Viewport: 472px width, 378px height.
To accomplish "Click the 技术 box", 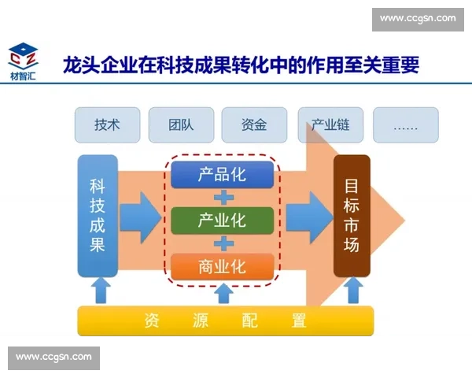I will coord(107,124).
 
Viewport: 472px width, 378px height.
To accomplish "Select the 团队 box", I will coord(180,124).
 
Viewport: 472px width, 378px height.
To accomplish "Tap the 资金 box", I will coord(254,124).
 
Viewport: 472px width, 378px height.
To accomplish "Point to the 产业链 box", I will coord(329,124).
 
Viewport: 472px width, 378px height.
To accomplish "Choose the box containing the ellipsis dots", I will coord(406,124).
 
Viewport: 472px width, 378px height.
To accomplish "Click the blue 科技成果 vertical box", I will coord(98,216).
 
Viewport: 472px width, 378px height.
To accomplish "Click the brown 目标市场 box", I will coord(351,216).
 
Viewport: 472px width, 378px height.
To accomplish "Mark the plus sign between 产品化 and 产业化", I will coord(223,197).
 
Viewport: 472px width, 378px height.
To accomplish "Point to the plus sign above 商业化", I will coord(223,243).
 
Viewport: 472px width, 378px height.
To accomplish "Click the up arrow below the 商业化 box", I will coord(223,292).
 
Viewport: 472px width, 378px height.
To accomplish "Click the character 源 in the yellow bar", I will coord(200,321).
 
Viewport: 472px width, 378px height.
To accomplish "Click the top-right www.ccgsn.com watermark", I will coord(418,18).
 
